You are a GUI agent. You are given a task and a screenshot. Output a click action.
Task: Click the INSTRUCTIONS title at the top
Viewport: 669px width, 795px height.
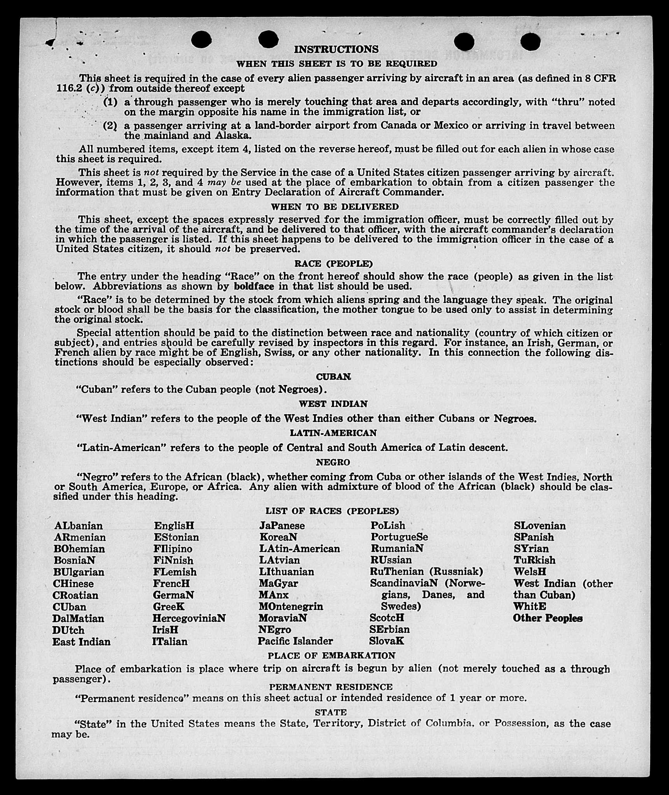pyautogui.click(x=336, y=49)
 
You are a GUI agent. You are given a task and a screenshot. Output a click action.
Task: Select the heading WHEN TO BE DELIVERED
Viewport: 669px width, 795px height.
pyautogui.click(x=335, y=207)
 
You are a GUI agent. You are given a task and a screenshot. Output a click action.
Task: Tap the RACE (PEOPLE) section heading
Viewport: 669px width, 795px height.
pyautogui.click(x=333, y=264)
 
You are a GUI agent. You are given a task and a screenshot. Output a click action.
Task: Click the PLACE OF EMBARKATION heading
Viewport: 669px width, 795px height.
pyautogui.click(x=331, y=655)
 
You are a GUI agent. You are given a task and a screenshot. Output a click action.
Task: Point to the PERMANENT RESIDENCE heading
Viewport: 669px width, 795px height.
pyautogui.click(x=331, y=687)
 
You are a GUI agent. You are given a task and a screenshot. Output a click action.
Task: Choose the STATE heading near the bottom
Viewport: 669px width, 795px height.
pyautogui.click(x=331, y=712)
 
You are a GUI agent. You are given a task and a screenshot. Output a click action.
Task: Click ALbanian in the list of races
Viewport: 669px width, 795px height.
pyautogui.click(x=79, y=526)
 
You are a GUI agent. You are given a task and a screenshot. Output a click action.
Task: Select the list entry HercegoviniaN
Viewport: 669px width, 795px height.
pyautogui.click(x=189, y=618)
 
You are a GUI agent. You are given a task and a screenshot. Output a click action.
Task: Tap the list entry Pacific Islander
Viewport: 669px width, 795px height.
pyautogui.click(x=295, y=641)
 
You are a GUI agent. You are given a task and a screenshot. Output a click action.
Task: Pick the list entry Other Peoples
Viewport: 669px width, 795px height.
pyautogui.click(x=548, y=618)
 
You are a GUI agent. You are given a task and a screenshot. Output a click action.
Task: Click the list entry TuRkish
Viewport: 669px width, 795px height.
pyautogui.click(x=534, y=560)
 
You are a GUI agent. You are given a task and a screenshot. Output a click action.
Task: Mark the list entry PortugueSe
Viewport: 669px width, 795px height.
pyautogui.click(x=399, y=537)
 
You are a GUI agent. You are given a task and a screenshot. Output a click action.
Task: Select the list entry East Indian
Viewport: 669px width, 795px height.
pyautogui.click(x=81, y=641)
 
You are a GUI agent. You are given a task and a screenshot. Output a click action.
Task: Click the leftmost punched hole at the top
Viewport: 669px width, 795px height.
pyautogui.click(x=201, y=40)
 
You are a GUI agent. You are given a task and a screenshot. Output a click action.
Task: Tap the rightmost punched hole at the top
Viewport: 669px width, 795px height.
pyautogui.click(x=530, y=42)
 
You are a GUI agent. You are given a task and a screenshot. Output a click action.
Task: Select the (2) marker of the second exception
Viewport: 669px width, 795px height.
pyautogui.click(x=110, y=126)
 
